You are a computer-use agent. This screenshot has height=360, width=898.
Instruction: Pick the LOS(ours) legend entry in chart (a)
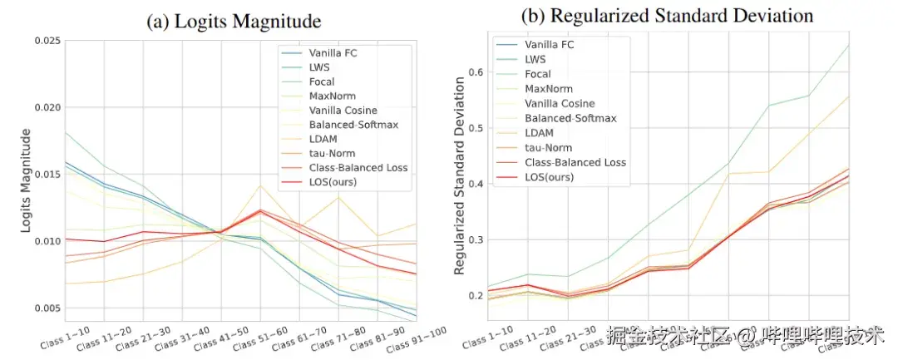tap(331, 181)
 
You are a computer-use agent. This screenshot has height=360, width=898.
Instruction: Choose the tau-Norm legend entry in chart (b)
tap(550, 148)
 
